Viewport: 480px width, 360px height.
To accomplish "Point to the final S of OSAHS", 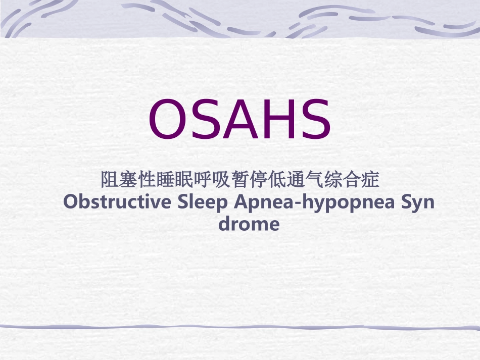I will coord(314,120).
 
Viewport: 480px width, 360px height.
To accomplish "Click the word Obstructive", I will coord(117,202).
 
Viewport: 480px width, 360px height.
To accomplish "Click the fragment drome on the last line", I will coord(249,223).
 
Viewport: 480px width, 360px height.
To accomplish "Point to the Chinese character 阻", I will coord(109,179).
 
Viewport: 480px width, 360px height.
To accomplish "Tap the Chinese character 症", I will coord(371,179).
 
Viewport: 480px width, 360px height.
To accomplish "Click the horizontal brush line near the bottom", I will coord(240,327).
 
